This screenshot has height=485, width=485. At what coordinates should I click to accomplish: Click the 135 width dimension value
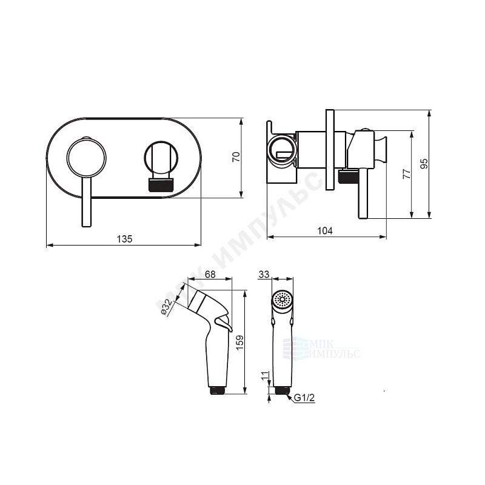(x=124, y=239)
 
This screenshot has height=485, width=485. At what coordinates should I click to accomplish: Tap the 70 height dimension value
(x=236, y=157)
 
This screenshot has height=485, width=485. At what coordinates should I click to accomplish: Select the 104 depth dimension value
(x=325, y=231)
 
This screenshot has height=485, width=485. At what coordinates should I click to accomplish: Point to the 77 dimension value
(x=407, y=173)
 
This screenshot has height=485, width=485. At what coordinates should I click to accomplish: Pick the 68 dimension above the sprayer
(x=210, y=274)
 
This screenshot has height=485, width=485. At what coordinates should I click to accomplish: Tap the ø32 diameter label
(x=166, y=307)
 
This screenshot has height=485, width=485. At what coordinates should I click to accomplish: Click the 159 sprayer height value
(x=240, y=343)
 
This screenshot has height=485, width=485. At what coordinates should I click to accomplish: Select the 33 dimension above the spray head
(x=264, y=274)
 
